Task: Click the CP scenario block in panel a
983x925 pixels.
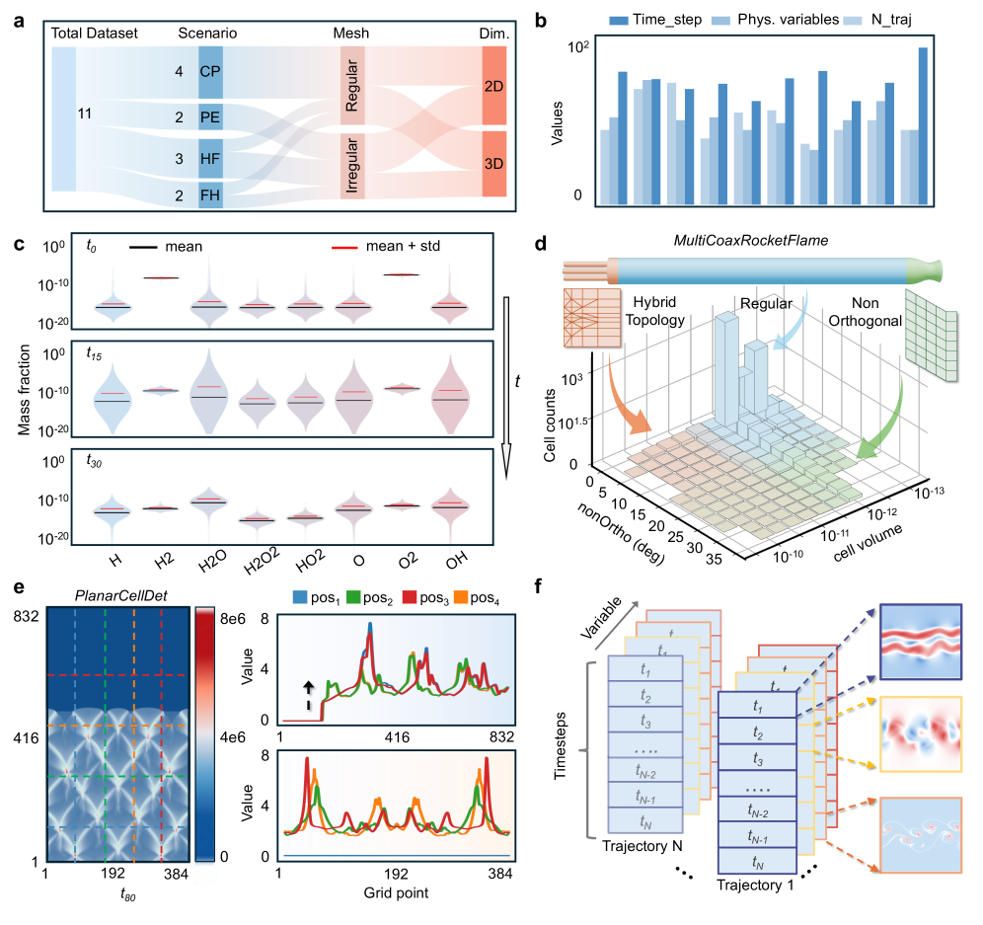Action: pyautogui.click(x=210, y=72)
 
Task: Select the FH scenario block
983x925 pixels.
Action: pyautogui.click(x=210, y=195)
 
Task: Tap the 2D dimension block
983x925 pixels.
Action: pyautogui.click(x=493, y=87)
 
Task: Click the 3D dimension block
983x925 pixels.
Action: pyautogui.click(x=493, y=163)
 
